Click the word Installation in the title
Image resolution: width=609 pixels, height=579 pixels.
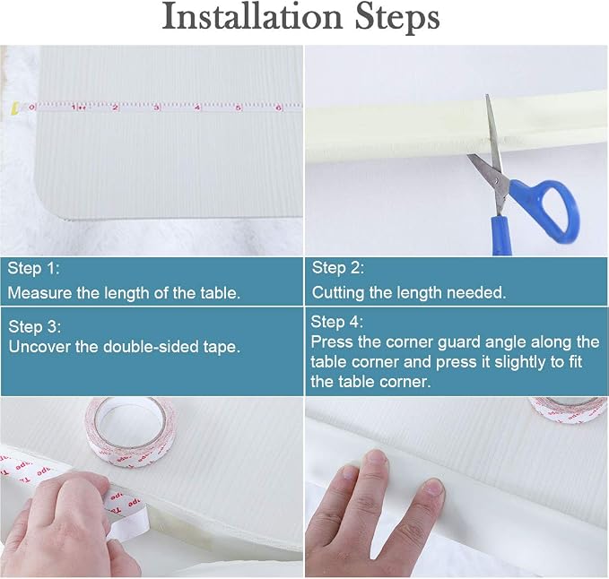tap(252, 16)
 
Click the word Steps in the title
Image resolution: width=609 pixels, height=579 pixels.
tap(397, 18)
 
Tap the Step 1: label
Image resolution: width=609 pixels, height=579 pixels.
tap(34, 268)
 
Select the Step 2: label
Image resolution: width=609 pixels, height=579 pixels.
tap(338, 267)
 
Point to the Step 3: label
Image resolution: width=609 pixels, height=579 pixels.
tap(35, 326)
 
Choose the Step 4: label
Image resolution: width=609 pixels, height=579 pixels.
tap(336, 322)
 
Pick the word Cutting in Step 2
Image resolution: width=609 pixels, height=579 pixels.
tap(338, 293)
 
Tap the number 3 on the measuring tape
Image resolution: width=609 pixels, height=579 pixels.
tap(156, 108)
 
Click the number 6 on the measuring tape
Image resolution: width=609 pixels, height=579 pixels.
tap(278, 108)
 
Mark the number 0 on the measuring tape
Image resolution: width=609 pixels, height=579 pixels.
tap(31, 108)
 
